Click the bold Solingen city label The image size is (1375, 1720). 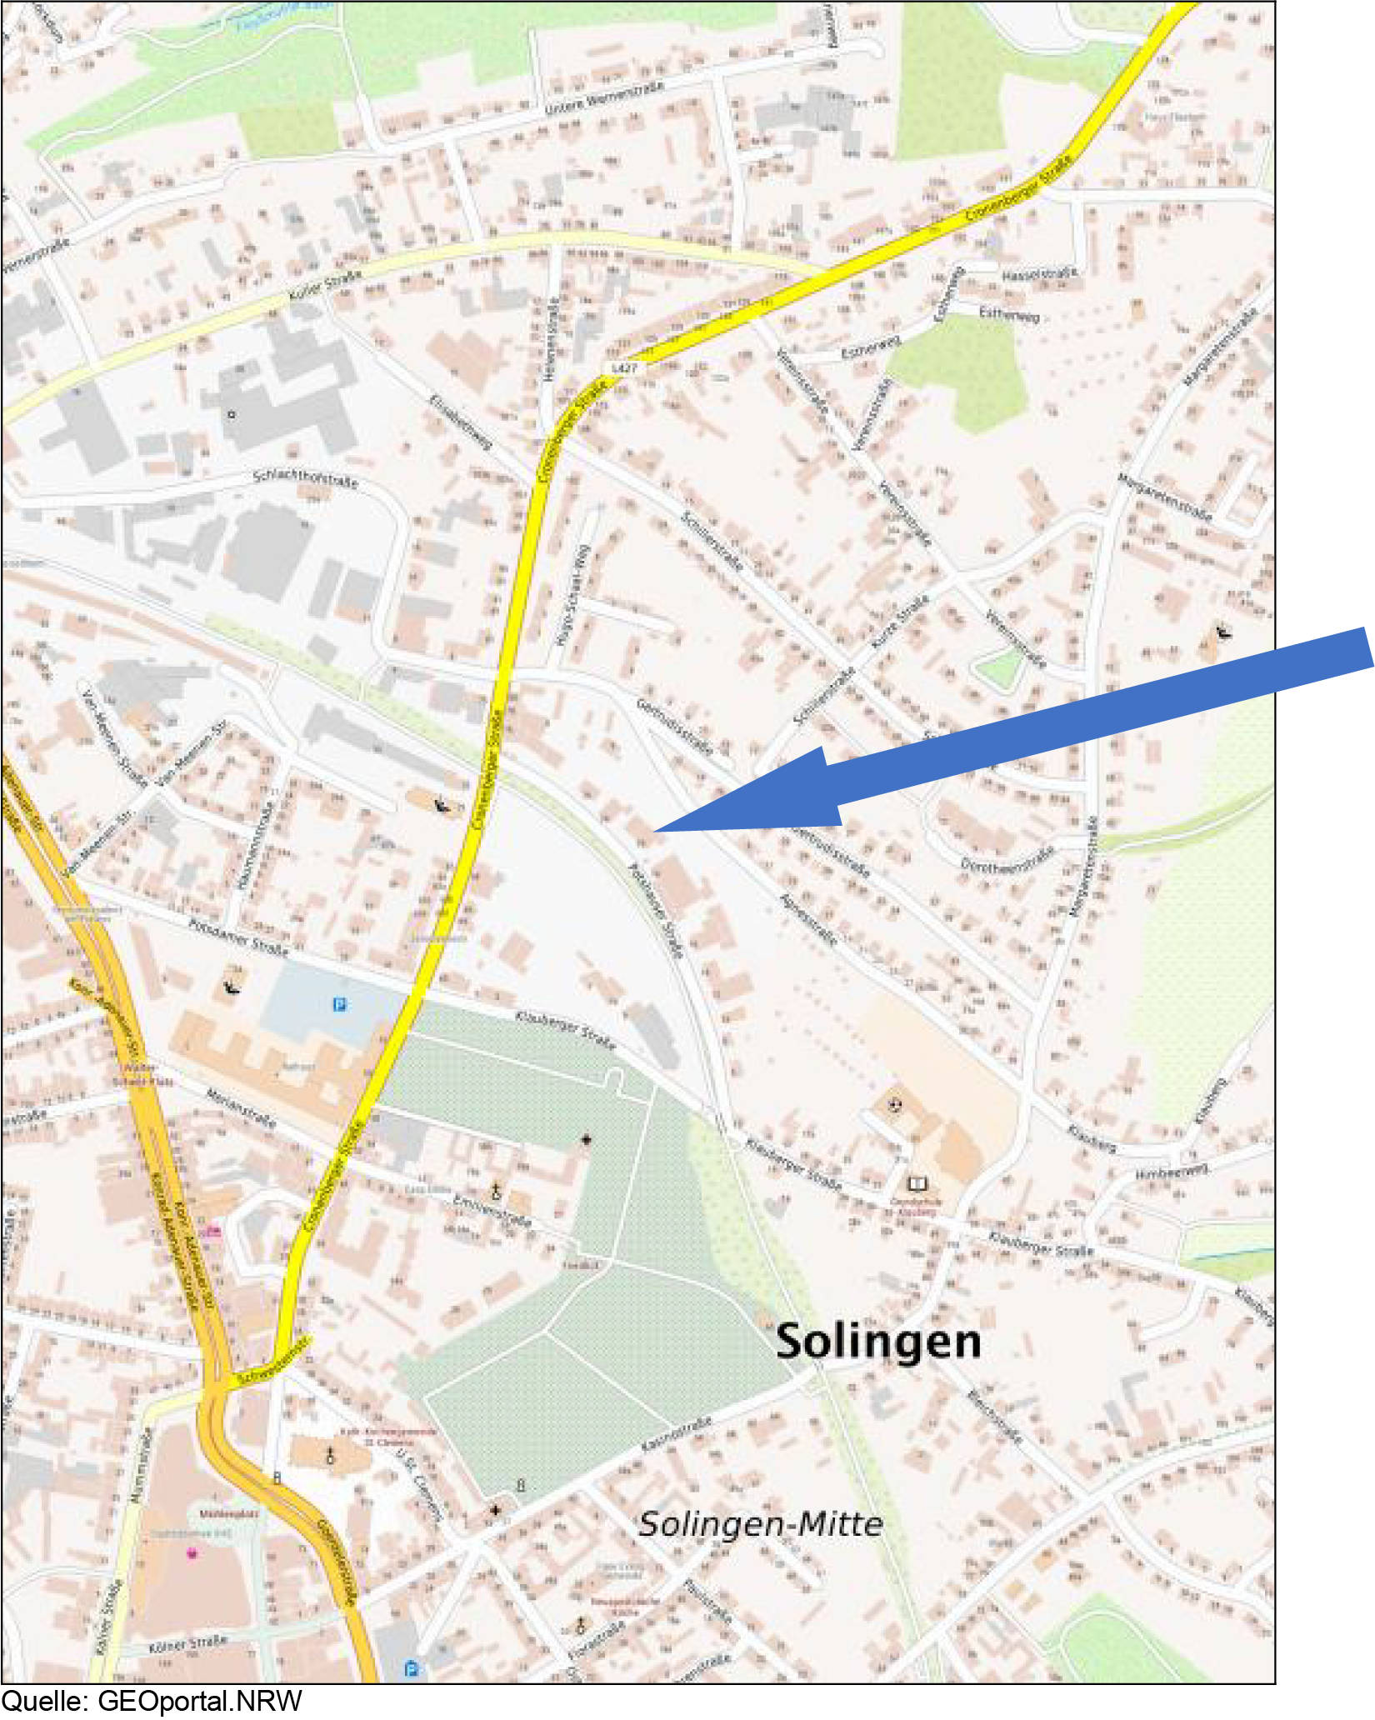[x=878, y=1342]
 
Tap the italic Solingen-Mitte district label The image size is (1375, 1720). [x=760, y=1524]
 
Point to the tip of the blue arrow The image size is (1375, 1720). [x=657, y=830]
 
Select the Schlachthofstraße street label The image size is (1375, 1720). [x=305, y=478]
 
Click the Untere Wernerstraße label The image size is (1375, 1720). [x=604, y=98]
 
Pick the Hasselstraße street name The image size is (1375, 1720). [x=1038, y=274]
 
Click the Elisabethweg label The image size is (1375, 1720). [x=460, y=421]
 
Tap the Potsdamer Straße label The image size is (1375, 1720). [x=237, y=937]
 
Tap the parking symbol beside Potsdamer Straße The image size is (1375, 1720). [x=339, y=1005]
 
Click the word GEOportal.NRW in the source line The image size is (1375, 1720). [x=200, y=1702]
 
